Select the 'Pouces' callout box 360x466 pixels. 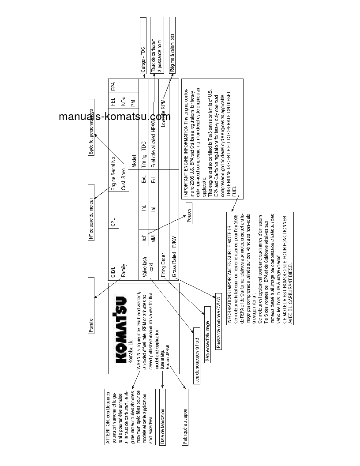[189, 216]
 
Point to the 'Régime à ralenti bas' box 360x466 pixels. [172, 45]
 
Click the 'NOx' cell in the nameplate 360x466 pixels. [123, 100]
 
